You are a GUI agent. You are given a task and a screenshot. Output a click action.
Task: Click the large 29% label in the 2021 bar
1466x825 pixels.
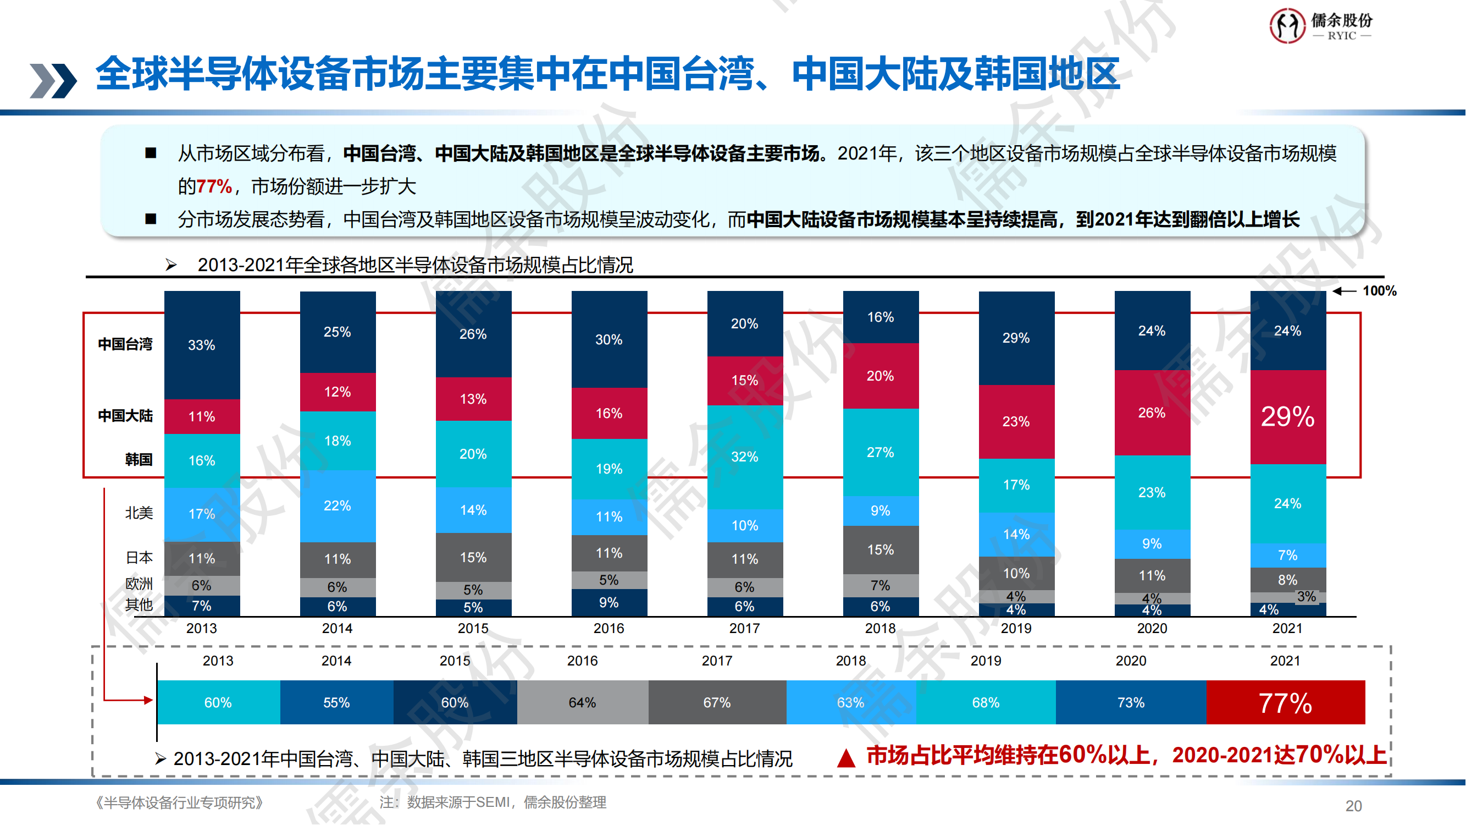(x=1288, y=417)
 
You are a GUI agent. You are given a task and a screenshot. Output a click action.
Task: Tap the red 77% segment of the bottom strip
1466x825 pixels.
(x=1286, y=703)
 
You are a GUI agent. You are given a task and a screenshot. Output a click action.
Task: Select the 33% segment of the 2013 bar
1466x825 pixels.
(x=202, y=345)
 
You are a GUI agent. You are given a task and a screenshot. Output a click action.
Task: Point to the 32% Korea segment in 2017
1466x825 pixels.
(x=744, y=457)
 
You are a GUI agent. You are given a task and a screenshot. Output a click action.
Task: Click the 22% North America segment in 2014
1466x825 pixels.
(x=338, y=505)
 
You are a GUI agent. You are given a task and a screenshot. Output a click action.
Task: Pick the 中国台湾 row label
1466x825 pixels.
(x=125, y=344)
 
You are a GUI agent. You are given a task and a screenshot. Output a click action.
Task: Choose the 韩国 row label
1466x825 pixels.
(x=139, y=459)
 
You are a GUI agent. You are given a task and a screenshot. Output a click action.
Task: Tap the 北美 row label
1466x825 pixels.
(x=139, y=513)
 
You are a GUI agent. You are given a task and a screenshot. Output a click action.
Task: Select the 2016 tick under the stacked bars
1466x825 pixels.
(x=608, y=629)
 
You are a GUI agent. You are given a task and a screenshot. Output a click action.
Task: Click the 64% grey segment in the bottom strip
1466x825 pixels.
(x=582, y=703)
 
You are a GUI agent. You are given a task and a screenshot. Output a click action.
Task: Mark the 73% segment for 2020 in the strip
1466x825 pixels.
(x=1130, y=703)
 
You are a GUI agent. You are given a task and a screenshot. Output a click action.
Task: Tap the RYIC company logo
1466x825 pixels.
(x=1321, y=26)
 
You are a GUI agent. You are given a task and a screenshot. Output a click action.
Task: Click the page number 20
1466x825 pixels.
(x=1353, y=806)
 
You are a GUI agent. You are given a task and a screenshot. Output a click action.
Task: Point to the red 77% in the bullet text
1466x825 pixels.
(x=214, y=187)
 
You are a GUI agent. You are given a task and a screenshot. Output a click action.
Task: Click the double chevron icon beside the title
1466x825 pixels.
(x=53, y=80)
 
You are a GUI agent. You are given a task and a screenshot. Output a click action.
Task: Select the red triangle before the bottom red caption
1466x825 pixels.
(x=847, y=758)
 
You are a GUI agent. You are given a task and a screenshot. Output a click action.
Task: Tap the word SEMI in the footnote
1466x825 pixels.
(x=493, y=803)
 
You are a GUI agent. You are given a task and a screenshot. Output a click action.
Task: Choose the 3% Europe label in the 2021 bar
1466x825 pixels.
(x=1307, y=597)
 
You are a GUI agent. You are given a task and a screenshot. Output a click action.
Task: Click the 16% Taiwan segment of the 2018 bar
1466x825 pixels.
(x=881, y=317)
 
